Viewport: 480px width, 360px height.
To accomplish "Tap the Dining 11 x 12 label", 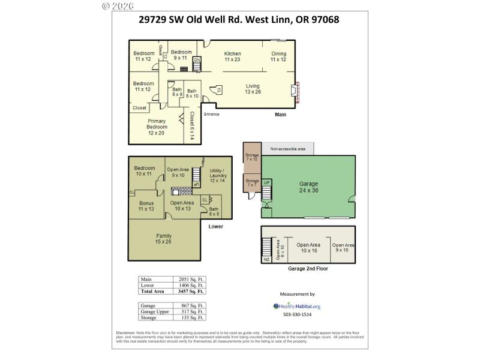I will (x=278, y=56).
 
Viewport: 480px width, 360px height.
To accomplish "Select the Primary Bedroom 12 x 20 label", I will (x=156, y=126).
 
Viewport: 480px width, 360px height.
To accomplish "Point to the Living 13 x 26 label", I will (x=253, y=89).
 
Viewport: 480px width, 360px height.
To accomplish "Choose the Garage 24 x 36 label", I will (x=308, y=187).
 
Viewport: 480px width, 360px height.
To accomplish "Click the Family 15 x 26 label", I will (x=164, y=239).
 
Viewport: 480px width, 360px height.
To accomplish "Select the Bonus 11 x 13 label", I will (x=146, y=206).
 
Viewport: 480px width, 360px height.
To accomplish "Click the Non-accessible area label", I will (x=288, y=148).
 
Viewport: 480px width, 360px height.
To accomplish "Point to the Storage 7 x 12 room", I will (x=251, y=158).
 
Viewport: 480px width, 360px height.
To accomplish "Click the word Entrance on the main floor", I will (x=212, y=114).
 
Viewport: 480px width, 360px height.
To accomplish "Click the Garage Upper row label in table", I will (x=153, y=311).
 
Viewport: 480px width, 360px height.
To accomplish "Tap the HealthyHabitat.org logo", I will (x=297, y=306).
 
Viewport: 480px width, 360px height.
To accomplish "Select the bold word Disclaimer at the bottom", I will (x=127, y=333).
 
